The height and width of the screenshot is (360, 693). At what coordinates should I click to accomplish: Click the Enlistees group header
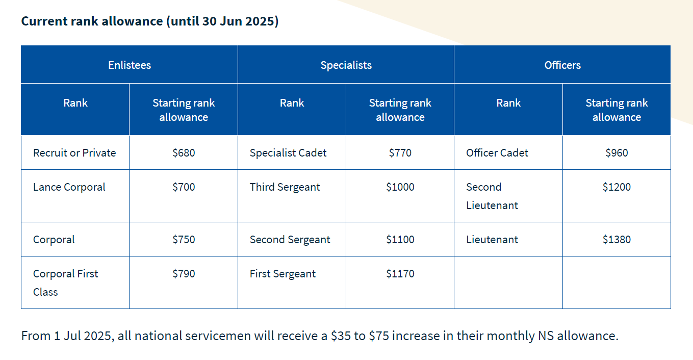click(130, 65)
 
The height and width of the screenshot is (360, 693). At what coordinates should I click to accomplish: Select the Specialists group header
click(346, 65)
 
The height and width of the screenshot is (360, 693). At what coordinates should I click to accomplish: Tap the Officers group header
click(562, 65)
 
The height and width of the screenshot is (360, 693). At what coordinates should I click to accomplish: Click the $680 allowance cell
click(184, 153)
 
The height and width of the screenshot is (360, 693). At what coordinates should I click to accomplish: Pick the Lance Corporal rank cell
click(69, 187)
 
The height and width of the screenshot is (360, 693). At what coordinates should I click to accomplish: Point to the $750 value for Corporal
click(184, 240)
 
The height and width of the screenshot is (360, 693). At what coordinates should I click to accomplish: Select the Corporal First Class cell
click(65, 282)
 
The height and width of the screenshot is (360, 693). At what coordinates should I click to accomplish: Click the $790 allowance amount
click(184, 274)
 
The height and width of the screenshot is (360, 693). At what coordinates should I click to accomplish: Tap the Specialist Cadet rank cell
click(288, 153)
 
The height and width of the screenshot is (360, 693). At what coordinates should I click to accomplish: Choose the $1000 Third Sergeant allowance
click(400, 187)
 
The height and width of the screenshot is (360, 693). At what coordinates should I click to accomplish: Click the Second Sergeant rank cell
click(290, 240)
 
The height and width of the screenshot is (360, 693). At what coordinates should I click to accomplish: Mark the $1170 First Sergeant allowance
click(400, 274)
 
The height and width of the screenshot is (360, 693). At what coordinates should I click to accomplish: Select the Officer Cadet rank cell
click(497, 153)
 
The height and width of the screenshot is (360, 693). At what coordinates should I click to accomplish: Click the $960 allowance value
click(617, 153)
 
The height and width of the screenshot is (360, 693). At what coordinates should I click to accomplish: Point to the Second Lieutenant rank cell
click(492, 196)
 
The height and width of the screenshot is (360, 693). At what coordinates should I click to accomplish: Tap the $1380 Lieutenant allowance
click(617, 240)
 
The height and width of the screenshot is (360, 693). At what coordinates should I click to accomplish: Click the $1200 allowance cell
click(617, 187)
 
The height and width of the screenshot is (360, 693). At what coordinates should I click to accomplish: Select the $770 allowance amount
click(400, 153)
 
